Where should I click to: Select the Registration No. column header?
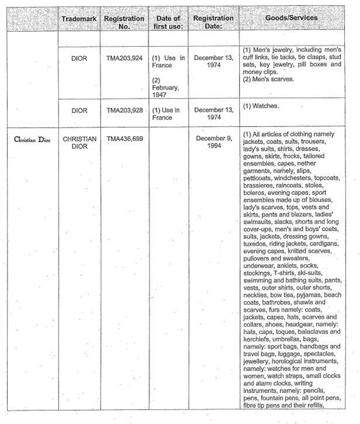(x=124, y=22)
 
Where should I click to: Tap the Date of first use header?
(x=168, y=22)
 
